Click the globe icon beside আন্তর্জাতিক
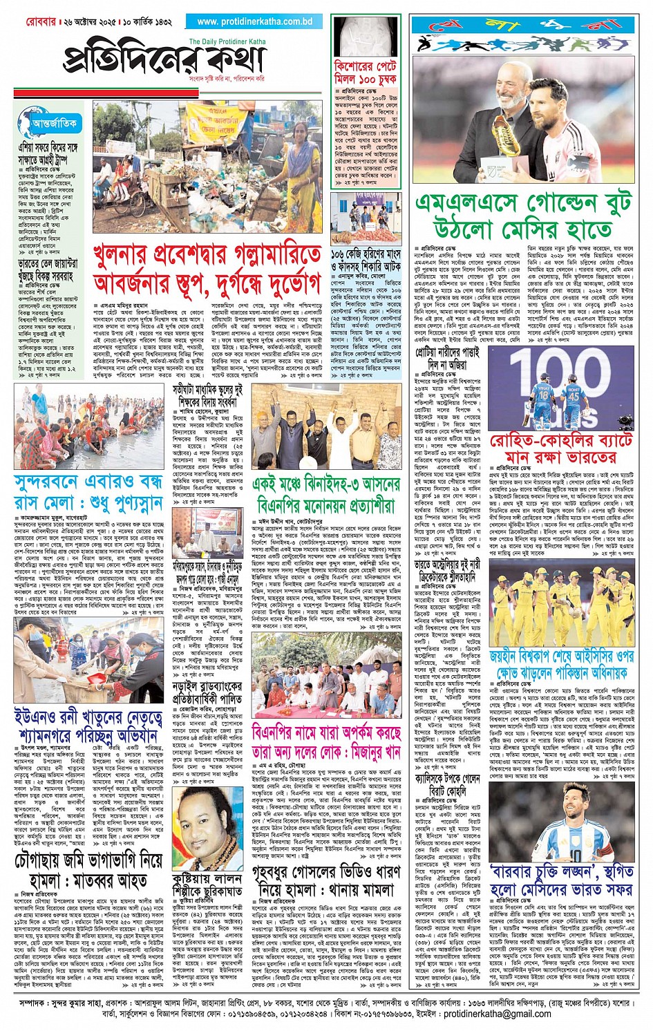[x=28, y=124]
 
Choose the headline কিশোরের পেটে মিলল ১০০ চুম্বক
[x=366, y=73]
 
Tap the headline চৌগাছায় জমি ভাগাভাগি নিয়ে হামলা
[x=88, y=871]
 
